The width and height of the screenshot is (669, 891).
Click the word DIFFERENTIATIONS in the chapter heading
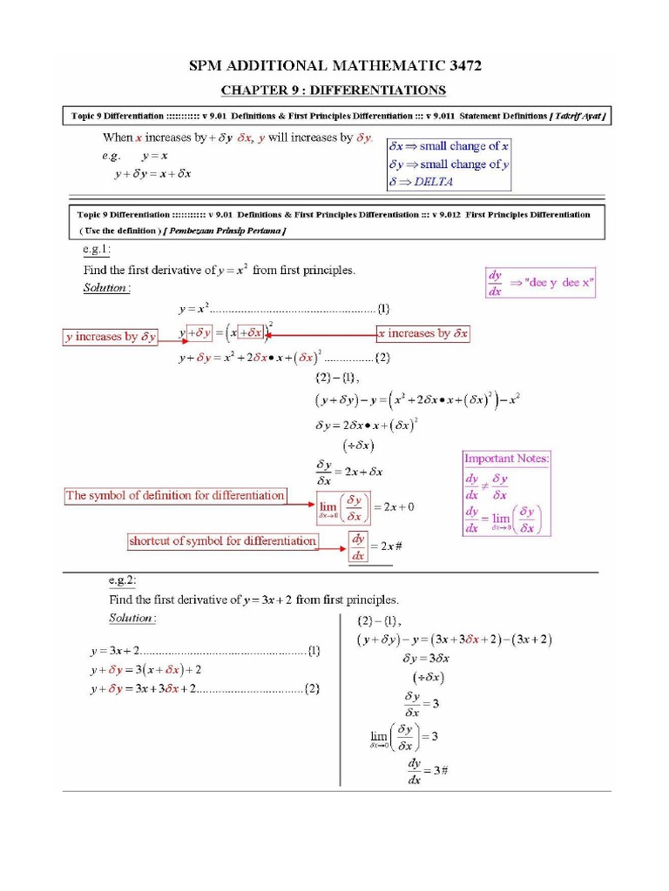coord(378,90)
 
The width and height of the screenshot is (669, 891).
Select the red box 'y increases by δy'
coord(111,336)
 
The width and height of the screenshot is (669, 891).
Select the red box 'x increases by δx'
coord(422,333)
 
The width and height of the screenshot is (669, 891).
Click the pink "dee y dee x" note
coord(539,283)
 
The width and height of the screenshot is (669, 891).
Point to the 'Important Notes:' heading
coord(506,458)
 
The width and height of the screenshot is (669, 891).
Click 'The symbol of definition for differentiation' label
coord(175,495)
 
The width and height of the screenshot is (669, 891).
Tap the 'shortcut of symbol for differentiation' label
coord(222,540)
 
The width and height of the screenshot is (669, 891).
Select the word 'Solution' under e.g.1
coord(105,287)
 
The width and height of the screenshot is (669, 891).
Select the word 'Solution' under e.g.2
coord(132,618)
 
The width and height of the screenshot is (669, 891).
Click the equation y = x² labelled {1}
coord(194,308)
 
